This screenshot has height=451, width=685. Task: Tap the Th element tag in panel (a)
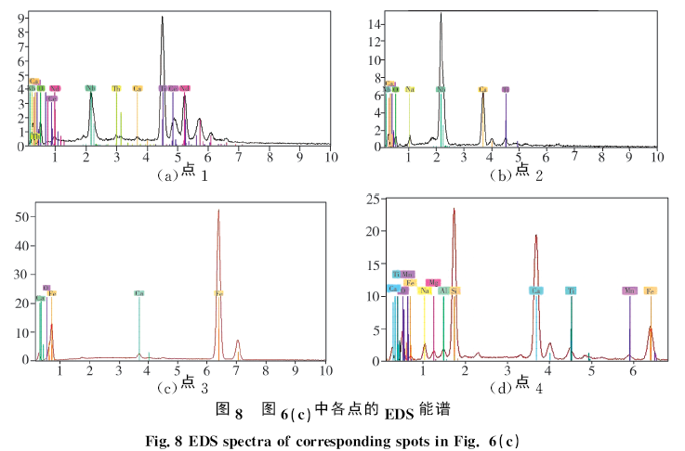[x=116, y=88]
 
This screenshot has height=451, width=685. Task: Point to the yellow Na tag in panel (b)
[x=410, y=89]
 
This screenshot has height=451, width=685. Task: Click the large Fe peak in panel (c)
[x=218, y=212]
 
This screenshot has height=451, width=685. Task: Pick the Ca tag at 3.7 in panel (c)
[x=138, y=293]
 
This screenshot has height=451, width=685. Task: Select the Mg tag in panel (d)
[x=432, y=282]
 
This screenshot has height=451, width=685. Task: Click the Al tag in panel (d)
[x=444, y=290]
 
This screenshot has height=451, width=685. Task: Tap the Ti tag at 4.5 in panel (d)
[x=571, y=290]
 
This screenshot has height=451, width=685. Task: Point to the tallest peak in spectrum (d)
[x=454, y=210]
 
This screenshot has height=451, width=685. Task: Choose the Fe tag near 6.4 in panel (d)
[x=651, y=290]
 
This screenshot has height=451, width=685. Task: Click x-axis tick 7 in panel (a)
[x=239, y=156]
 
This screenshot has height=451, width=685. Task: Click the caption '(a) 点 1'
[x=182, y=174]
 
